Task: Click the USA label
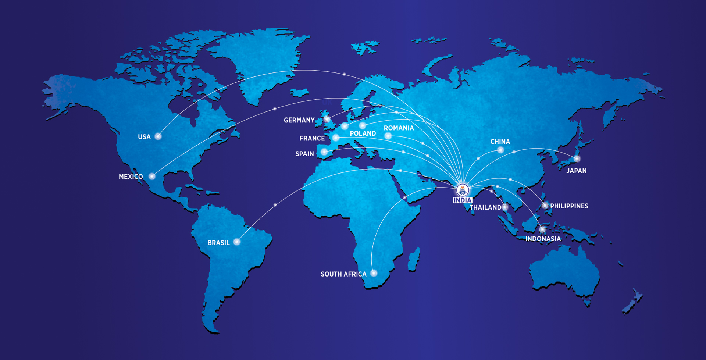click(x=144, y=137)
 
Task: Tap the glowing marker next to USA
click(x=158, y=136)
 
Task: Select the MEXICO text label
click(x=131, y=177)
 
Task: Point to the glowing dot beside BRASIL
click(x=237, y=242)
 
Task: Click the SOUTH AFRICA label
click(x=343, y=274)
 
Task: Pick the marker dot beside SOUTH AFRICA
click(x=374, y=273)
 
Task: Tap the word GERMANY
click(x=299, y=120)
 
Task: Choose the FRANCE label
click(x=312, y=138)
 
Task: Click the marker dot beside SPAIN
click(x=324, y=152)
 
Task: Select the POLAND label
click(x=363, y=133)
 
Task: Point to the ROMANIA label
click(x=399, y=128)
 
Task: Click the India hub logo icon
click(x=462, y=190)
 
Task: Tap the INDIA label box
click(x=462, y=200)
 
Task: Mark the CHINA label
click(x=500, y=142)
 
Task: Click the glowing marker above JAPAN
click(x=577, y=159)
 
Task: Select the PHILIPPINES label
click(x=569, y=206)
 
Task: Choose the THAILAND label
click(x=485, y=207)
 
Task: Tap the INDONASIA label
click(x=543, y=239)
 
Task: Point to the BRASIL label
click(x=218, y=243)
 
